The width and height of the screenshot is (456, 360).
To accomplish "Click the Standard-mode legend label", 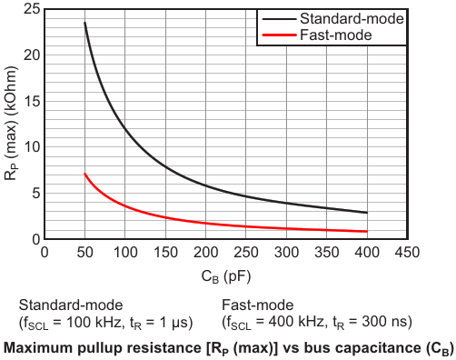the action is pyautogui.click(x=352, y=19).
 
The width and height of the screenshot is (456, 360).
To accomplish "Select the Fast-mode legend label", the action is pyautogui.click(x=336, y=35).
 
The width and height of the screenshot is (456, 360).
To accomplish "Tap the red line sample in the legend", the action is pyautogui.click(x=279, y=35).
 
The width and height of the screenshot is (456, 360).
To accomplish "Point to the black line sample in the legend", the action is pyautogui.click(x=279, y=19).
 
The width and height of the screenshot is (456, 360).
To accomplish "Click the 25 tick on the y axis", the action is pyautogui.click(x=32, y=9).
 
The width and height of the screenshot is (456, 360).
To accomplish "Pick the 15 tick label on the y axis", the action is pyautogui.click(x=32, y=101).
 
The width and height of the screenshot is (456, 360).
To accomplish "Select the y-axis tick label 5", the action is pyautogui.click(x=36, y=194).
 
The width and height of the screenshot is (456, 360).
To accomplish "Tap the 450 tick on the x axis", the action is pyautogui.click(x=407, y=252).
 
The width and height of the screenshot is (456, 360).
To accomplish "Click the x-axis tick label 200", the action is pyautogui.click(x=206, y=252).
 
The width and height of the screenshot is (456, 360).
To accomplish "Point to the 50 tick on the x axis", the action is pyautogui.click(x=84, y=252).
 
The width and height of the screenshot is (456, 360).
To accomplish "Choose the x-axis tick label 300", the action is pyautogui.click(x=286, y=252).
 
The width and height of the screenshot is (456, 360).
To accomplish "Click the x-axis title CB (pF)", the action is pyautogui.click(x=226, y=277).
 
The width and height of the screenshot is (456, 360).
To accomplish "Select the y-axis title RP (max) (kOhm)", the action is pyautogui.click(x=12, y=123).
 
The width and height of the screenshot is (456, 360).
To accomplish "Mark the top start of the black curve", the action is pyautogui.click(x=84, y=23).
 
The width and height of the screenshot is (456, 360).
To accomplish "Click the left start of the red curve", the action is pyautogui.click(x=84, y=174).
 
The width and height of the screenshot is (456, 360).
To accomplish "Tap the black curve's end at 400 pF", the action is pyautogui.click(x=367, y=213).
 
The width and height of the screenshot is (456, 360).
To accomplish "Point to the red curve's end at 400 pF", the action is pyautogui.click(x=367, y=232).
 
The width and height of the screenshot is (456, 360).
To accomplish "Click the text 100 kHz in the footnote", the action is pyautogui.click(x=94, y=323).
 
